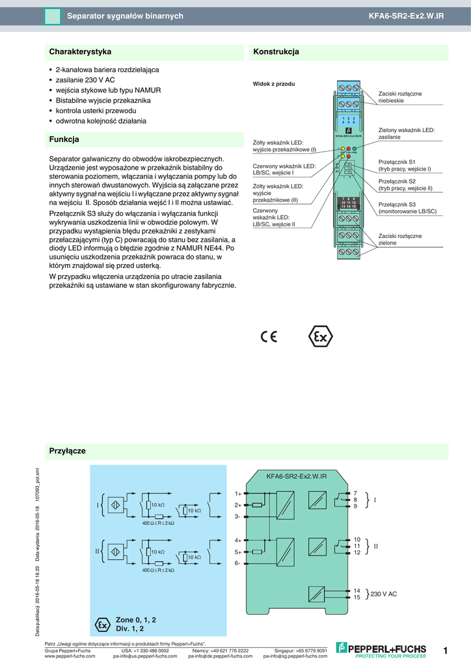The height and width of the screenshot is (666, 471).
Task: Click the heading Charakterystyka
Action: (81, 52)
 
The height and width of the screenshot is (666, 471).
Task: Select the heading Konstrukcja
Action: (276, 52)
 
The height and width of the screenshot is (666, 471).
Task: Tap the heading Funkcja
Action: (64, 139)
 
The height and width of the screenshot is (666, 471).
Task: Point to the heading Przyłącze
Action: (68, 451)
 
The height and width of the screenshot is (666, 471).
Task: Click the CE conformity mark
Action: (269, 336)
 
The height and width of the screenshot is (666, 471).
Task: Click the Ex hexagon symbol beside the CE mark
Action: (319, 336)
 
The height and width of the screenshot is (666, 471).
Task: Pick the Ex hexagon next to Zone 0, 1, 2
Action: (102, 624)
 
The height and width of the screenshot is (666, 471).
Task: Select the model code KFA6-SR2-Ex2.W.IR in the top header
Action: (406, 16)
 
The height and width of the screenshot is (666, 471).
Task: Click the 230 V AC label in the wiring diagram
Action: (384, 594)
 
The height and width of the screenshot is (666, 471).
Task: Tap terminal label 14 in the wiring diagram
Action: (357, 590)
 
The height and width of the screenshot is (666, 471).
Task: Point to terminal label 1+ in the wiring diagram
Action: (238, 494)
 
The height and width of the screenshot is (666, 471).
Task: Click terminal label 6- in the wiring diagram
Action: (238, 563)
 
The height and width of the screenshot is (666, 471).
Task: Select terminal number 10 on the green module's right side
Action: (357, 540)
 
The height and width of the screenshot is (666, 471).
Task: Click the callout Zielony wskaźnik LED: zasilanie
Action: (407, 134)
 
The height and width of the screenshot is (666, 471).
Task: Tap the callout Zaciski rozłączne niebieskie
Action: (400, 98)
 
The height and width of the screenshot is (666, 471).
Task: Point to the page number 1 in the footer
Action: (446, 650)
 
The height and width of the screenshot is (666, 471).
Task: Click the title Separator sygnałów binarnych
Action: (125, 16)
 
